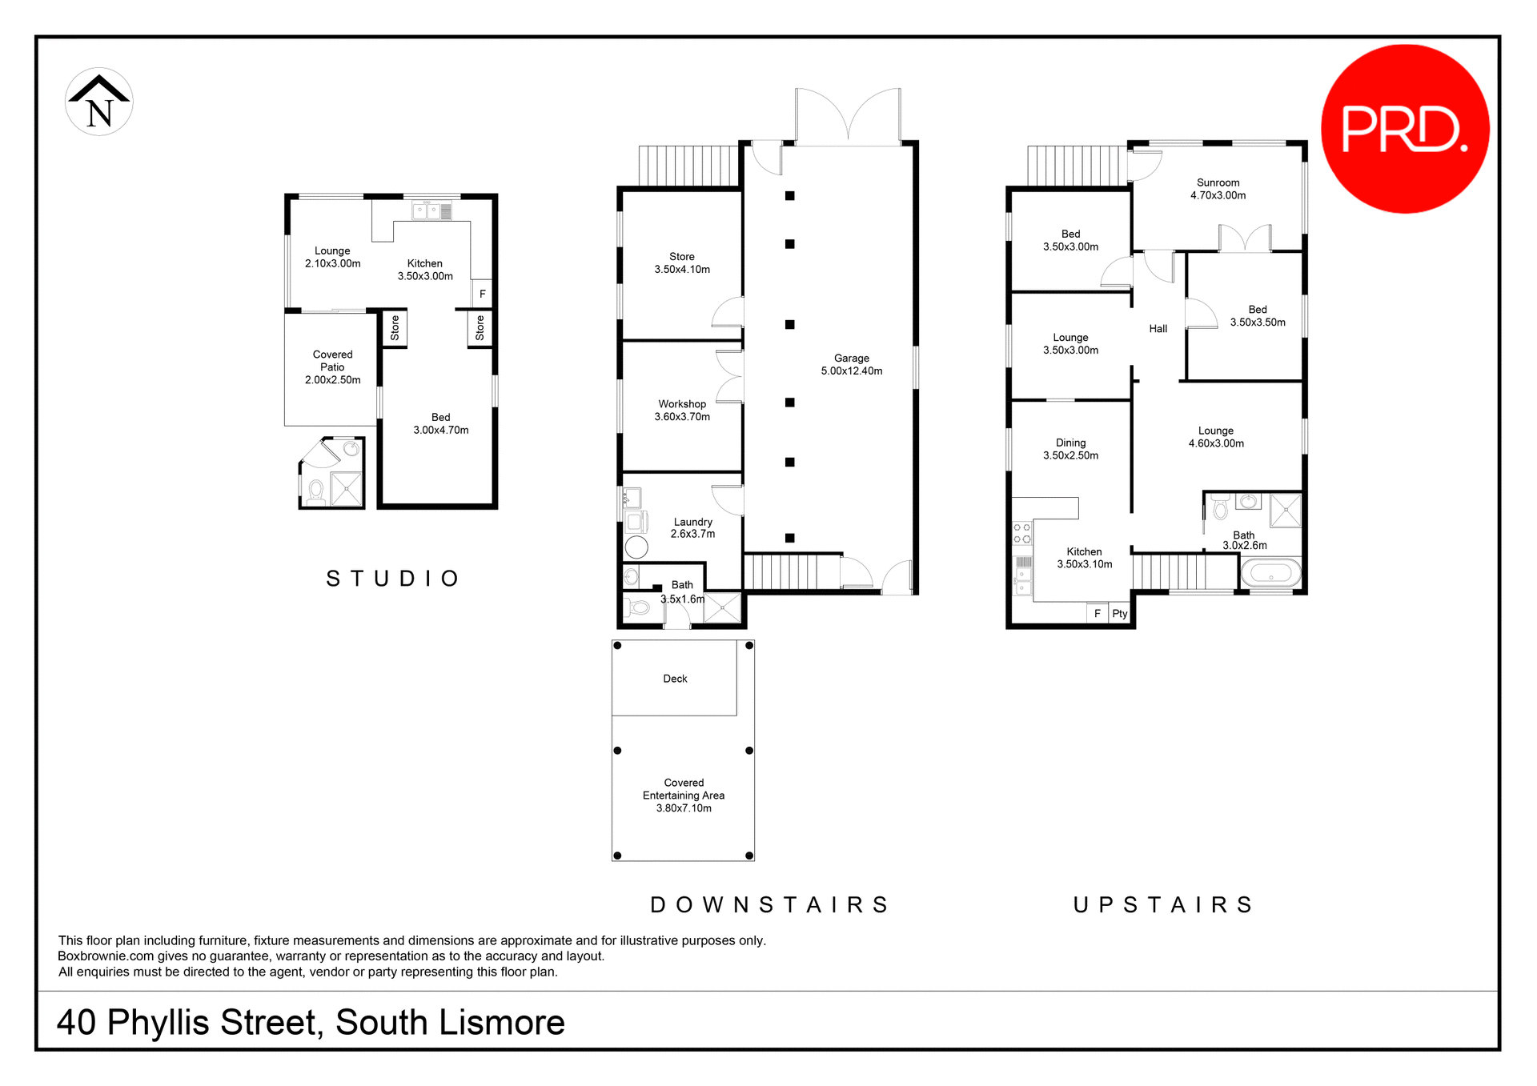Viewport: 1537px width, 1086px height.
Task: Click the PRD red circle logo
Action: (x=1404, y=129)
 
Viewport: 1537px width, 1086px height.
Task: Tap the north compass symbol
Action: (x=99, y=102)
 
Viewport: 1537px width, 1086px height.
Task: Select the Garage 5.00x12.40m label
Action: (x=851, y=365)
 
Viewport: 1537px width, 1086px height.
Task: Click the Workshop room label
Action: (x=682, y=411)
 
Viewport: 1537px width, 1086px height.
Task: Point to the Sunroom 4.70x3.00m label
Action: (x=1218, y=189)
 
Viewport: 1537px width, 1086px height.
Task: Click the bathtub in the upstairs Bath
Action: (x=1270, y=574)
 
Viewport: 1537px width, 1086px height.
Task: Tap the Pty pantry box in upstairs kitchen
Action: (x=1119, y=614)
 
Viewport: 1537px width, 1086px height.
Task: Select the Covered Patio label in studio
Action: (x=332, y=367)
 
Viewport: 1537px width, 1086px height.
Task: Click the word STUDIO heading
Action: (x=393, y=579)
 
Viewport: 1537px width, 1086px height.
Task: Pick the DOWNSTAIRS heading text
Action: (x=770, y=905)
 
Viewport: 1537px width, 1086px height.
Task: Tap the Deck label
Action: (x=675, y=679)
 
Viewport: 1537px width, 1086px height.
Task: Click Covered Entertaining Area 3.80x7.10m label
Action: (x=684, y=795)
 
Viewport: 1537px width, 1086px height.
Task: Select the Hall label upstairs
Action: (x=1158, y=329)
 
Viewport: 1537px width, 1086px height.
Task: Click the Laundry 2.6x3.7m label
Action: (x=692, y=528)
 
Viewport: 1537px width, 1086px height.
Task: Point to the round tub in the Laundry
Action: (x=636, y=547)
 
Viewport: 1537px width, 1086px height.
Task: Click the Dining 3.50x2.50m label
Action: (x=1070, y=449)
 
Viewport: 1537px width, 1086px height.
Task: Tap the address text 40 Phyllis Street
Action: (x=310, y=1023)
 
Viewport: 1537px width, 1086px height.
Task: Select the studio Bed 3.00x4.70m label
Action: (x=440, y=424)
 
